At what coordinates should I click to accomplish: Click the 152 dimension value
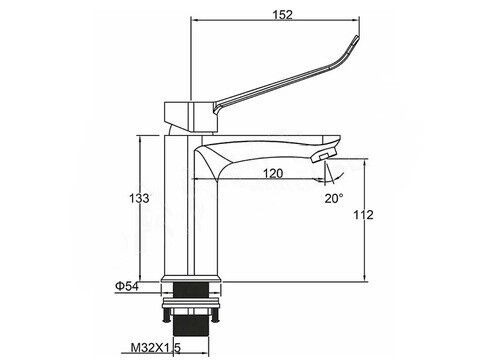(x=282, y=15)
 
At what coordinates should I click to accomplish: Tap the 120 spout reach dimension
(x=273, y=173)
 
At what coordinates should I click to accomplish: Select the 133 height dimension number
(x=139, y=198)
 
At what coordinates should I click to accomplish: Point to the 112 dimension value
(x=363, y=215)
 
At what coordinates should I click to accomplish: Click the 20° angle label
(x=334, y=198)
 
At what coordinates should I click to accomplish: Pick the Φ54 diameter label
(x=127, y=286)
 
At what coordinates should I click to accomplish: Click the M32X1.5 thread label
(x=155, y=348)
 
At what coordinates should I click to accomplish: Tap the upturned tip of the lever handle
(x=357, y=38)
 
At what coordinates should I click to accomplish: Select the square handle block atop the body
(x=191, y=117)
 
